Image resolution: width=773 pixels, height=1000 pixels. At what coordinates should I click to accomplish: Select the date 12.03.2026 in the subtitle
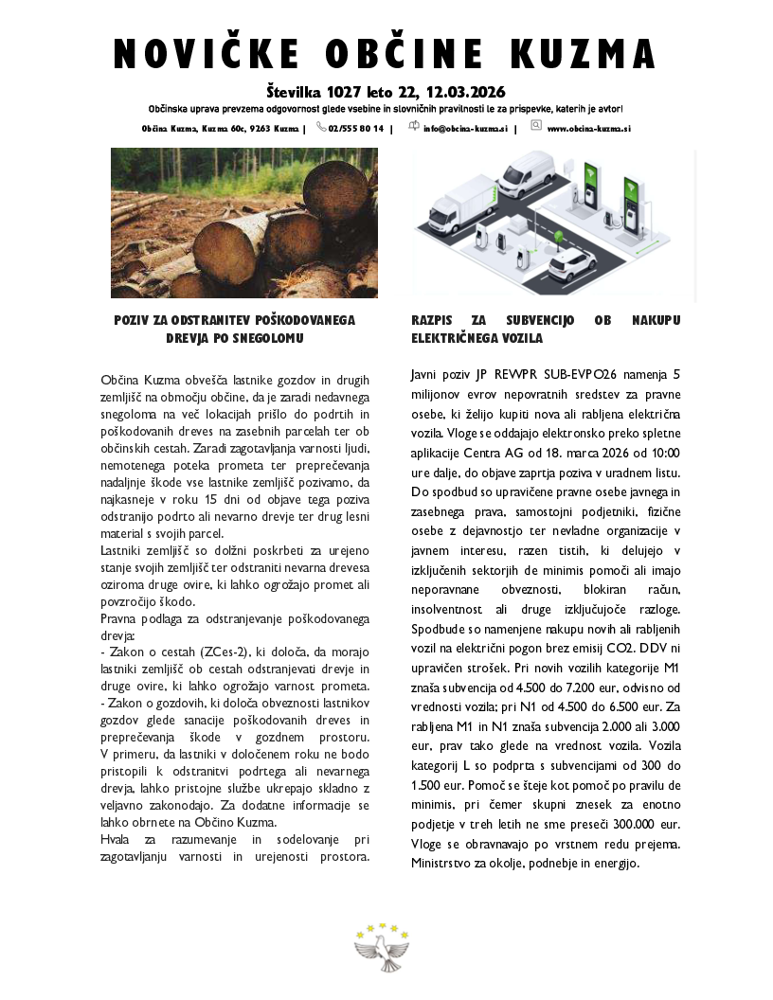tap(466, 93)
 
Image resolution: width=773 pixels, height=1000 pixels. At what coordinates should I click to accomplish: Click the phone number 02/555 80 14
tap(356, 128)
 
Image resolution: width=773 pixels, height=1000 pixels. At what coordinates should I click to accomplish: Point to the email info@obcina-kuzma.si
tap(465, 128)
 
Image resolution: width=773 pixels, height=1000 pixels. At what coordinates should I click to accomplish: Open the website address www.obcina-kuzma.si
tap(589, 128)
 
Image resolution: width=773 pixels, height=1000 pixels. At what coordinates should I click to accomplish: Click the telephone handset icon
tap(322, 127)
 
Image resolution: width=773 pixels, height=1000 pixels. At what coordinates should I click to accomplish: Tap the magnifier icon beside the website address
tap(536, 126)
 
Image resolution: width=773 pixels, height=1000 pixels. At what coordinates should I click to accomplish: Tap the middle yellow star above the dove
tap(383, 927)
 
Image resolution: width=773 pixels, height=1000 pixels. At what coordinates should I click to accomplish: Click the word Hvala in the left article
tap(117, 840)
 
